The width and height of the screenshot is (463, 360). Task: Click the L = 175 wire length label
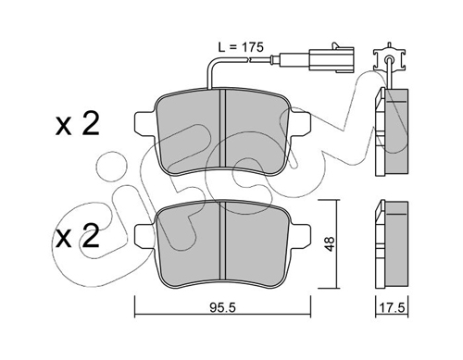tap(241, 47)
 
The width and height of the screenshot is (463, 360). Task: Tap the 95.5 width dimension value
tap(222, 307)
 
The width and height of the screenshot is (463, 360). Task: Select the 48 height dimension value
tap(330, 243)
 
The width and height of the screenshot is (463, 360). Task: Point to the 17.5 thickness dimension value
tap(392, 307)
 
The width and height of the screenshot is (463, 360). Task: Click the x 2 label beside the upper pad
tap(77, 124)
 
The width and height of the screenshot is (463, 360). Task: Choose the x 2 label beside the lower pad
tap(77, 236)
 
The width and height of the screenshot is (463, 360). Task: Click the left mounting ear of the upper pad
tap(145, 123)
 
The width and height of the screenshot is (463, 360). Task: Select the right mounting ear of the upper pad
tap(299, 123)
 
